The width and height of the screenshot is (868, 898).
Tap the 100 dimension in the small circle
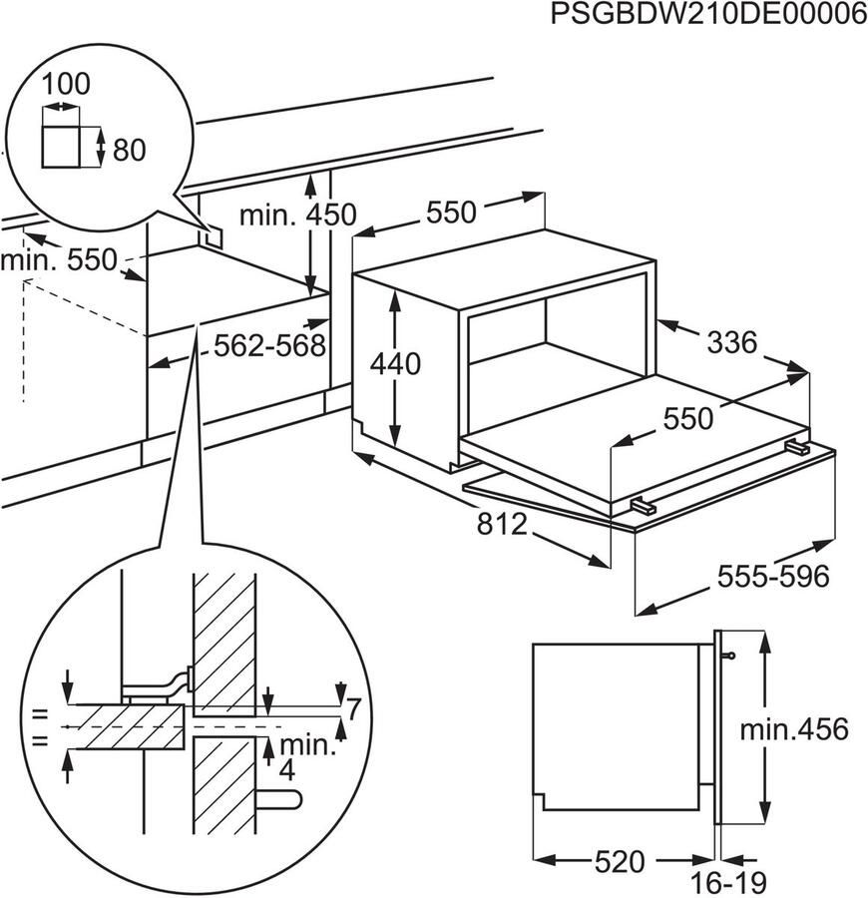67,85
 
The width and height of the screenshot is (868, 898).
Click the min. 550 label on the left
59,261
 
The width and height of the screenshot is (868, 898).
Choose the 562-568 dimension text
270,346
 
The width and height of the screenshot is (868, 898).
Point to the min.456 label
794,729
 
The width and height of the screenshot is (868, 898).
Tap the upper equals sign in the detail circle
41,713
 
